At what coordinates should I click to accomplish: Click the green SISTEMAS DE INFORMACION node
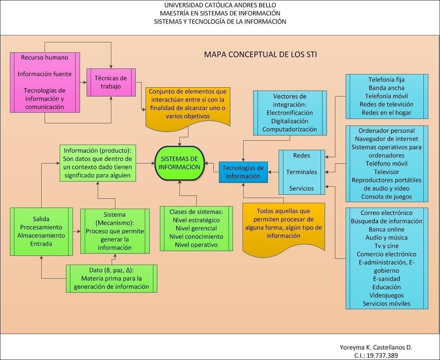coord(179,163)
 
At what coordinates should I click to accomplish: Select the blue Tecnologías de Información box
coord(243,172)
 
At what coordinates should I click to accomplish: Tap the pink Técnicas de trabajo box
coord(111,82)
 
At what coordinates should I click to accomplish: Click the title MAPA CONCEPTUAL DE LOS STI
coord(260,55)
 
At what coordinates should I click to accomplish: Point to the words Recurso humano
coord(45,57)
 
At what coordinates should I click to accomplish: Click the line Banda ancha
coord(386,88)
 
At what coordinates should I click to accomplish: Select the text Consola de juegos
coord(386,197)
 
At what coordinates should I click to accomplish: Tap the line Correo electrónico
coord(386,213)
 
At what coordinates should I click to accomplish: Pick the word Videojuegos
coord(386,295)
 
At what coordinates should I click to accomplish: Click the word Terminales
coord(301,172)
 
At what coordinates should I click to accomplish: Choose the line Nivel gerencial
coord(196,228)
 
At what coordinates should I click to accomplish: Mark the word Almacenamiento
coord(41,235)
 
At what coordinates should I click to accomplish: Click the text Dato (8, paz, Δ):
coord(111,270)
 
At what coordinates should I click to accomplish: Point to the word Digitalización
coord(289,121)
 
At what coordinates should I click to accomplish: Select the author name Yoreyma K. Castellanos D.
coord(376,347)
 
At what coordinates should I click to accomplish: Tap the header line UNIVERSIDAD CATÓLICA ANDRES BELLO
coord(220,5)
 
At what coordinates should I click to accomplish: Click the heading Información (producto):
coord(98,151)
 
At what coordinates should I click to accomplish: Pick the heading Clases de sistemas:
coord(196,212)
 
